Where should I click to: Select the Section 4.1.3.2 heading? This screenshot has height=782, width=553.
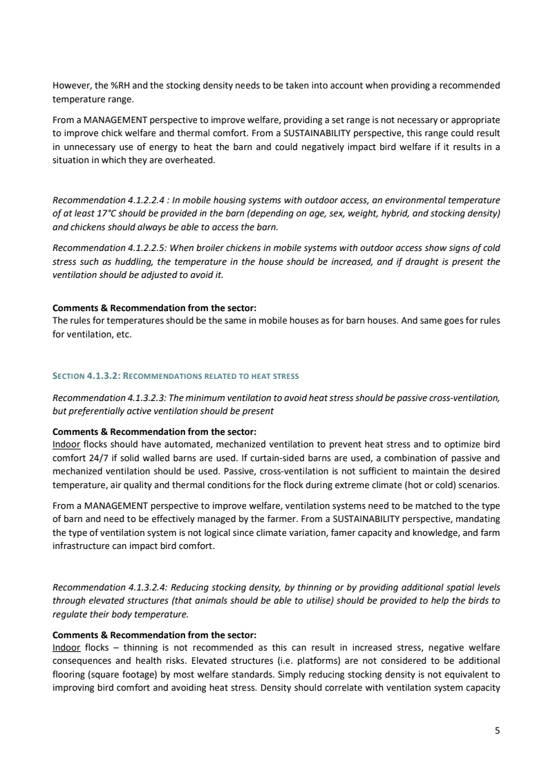point(176,376)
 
